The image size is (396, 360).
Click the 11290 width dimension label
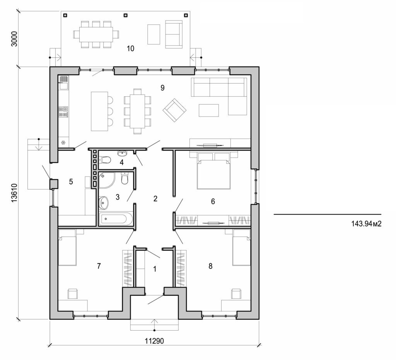[155, 341]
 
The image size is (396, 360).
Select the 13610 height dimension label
[15, 192]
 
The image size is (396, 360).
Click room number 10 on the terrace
[130, 48]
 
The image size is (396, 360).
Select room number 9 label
[162, 87]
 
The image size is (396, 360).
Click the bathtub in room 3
[116, 219]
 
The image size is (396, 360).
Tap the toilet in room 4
[104, 159]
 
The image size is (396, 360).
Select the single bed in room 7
[67, 248]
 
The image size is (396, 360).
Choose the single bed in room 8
[242, 248]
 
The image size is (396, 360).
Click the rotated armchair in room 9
[174, 110]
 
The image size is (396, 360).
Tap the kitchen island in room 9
[99, 111]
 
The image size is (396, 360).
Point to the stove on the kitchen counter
[63, 112]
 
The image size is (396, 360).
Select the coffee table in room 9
[209, 110]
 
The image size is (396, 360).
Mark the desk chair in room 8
[236, 294]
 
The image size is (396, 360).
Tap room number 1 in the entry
[155, 268]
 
